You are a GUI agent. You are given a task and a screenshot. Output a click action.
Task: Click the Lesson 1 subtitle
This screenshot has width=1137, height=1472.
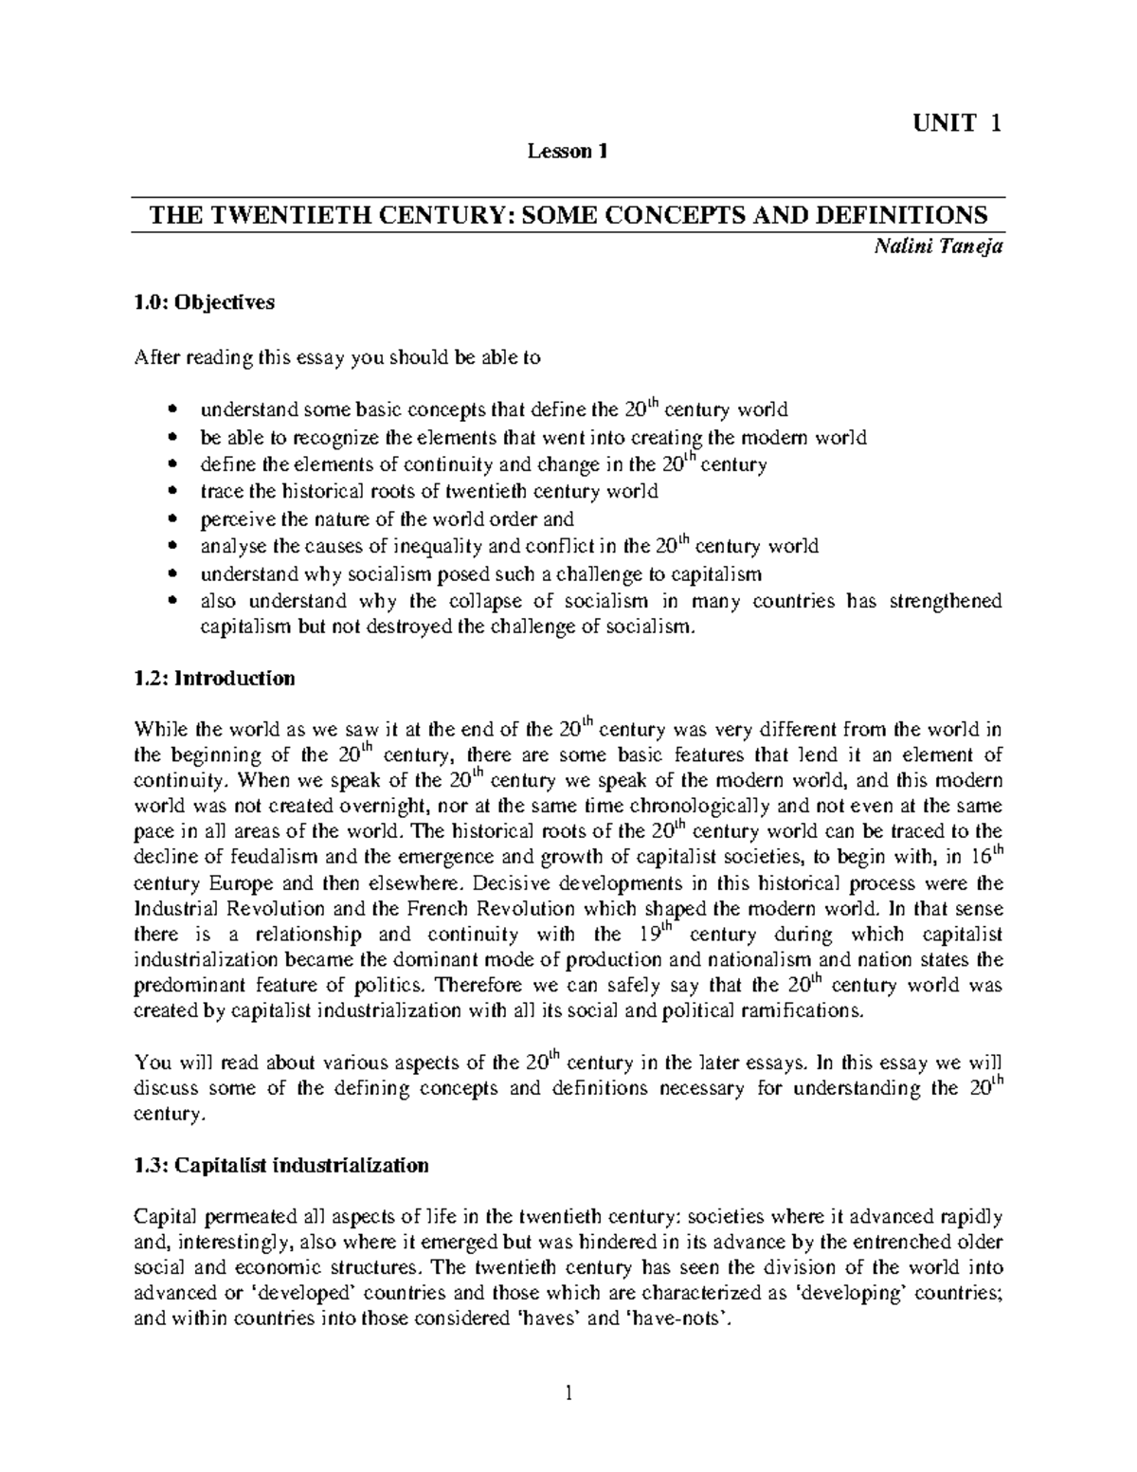[x=567, y=151]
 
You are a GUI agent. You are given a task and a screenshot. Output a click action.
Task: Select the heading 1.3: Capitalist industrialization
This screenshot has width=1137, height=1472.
[x=281, y=1165]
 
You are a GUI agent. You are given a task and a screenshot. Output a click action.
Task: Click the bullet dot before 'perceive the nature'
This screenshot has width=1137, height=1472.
[x=171, y=520]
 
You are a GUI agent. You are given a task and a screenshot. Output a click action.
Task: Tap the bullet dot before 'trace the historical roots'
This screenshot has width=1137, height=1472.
[x=171, y=493]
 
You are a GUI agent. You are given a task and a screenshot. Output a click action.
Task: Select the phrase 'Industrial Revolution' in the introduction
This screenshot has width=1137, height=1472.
[x=219, y=908]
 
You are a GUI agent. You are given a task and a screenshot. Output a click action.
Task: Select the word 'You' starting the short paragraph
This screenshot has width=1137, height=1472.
[x=150, y=1063]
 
